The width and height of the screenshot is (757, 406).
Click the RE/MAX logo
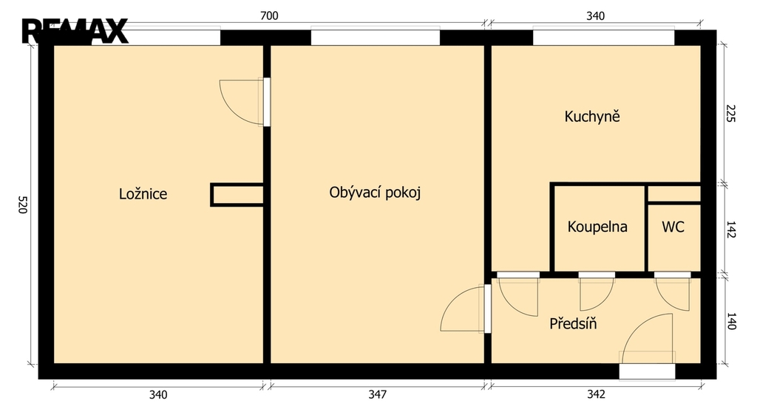75,31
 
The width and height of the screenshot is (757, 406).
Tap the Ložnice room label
143,194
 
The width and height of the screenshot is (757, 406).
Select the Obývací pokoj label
375,193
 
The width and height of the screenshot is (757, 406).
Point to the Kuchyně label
592,116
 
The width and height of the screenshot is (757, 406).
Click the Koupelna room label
597,227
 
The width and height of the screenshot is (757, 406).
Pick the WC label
673,227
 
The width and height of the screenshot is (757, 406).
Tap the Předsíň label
573,323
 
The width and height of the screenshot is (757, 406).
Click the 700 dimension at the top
269,16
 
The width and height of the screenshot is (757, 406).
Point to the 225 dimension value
730,114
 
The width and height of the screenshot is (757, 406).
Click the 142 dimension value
730,230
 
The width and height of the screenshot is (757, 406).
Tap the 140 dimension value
731,321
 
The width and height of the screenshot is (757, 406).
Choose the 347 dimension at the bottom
377,394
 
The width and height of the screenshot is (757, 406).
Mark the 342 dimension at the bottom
596,394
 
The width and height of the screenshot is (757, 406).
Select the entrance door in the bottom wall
647,371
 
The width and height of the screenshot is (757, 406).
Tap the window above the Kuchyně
603,37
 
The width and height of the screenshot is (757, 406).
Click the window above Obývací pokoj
375,37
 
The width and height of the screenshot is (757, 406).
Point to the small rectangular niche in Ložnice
237,195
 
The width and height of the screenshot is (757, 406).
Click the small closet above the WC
674,193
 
